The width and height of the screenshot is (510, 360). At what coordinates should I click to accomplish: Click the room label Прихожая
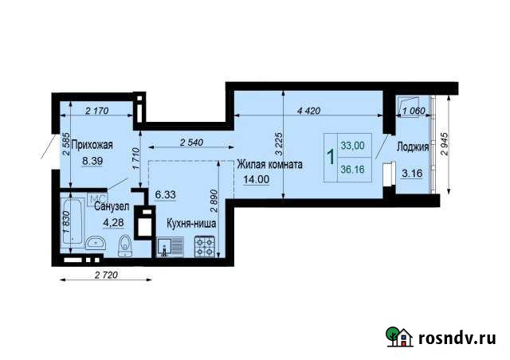[x=92, y=146]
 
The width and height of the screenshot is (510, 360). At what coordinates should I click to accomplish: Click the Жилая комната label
[x=269, y=165]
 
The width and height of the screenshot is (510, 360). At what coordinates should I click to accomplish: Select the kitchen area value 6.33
[x=166, y=194]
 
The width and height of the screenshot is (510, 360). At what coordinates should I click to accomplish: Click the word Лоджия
[x=413, y=147]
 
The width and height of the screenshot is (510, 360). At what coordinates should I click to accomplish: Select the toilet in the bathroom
[x=124, y=247]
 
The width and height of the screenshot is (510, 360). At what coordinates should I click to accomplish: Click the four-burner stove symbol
[x=206, y=248]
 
